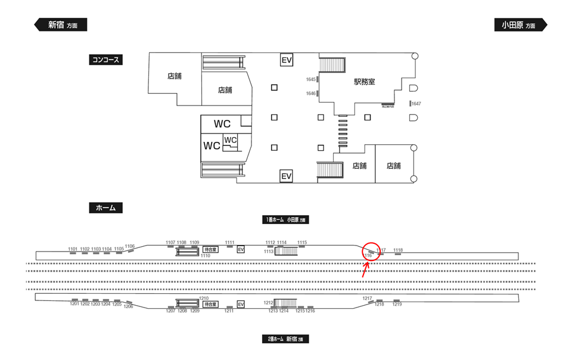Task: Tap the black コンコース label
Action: click(105, 60)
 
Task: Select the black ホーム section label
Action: click(105, 208)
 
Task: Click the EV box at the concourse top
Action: click(287, 60)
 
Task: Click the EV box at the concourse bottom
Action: click(287, 176)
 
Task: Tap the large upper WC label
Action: click(222, 124)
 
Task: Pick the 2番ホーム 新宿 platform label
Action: click(285, 339)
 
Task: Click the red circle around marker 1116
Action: click(370, 252)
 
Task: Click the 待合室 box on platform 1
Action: click(210, 250)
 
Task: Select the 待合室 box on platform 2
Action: click(210, 304)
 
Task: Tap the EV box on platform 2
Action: click(241, 305)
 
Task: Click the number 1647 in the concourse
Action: click(416, 104)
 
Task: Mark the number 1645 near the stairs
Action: click(310, 79)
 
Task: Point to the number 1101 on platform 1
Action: click(73, 249)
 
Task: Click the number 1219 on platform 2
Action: click(397, 305)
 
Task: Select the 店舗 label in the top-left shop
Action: click(174, 76)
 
